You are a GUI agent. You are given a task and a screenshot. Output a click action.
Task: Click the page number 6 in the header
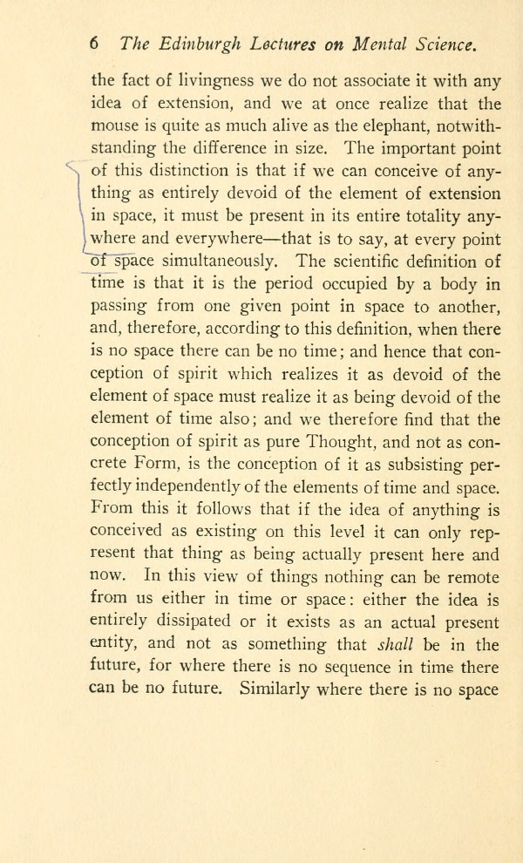(94, 44)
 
